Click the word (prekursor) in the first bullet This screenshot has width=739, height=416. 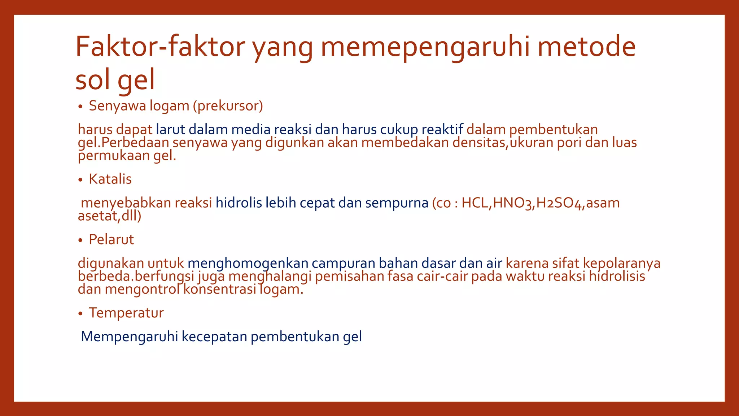point(228,106)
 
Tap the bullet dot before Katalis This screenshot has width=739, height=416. point(80,180)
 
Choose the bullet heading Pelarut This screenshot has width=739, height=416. point(111,239)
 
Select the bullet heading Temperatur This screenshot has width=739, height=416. point(126,313)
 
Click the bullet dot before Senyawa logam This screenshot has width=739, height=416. point(80,107)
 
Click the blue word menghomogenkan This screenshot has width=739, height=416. point(248,263)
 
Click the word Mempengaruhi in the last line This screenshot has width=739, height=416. point(129,337)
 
